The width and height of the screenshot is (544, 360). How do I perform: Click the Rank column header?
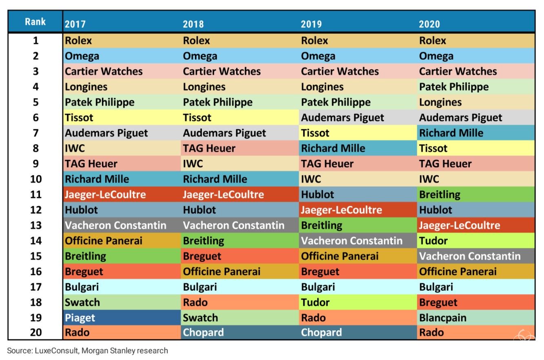point(35,22)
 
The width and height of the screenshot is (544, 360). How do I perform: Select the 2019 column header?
point(311,24)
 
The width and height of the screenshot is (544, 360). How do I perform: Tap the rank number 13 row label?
point(35,225)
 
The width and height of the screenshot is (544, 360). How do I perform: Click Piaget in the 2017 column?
point(80,318)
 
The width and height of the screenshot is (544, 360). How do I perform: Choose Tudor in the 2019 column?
point(315,302)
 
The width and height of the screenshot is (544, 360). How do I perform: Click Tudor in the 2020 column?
point(433,241)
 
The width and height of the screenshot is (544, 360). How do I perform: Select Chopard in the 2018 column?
point(203,333)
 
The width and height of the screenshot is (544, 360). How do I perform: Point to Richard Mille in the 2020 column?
point(451,133)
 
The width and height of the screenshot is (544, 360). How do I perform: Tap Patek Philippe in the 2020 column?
point(453,87)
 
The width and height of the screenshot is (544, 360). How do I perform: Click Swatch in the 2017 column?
point(82,302)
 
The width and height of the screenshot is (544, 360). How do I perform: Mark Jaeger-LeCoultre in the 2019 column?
point(341,210)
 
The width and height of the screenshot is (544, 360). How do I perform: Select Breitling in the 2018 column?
point(203,241)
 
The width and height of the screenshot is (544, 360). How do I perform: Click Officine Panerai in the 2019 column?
point(340,256)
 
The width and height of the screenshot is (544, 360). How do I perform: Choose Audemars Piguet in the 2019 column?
point(343,118)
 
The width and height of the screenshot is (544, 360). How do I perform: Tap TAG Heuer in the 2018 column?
point(209,148)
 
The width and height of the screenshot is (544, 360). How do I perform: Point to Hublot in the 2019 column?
point(317,194)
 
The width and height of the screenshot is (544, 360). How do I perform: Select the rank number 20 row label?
point(35,333)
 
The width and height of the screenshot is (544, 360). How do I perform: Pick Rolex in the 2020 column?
point(432,41)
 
